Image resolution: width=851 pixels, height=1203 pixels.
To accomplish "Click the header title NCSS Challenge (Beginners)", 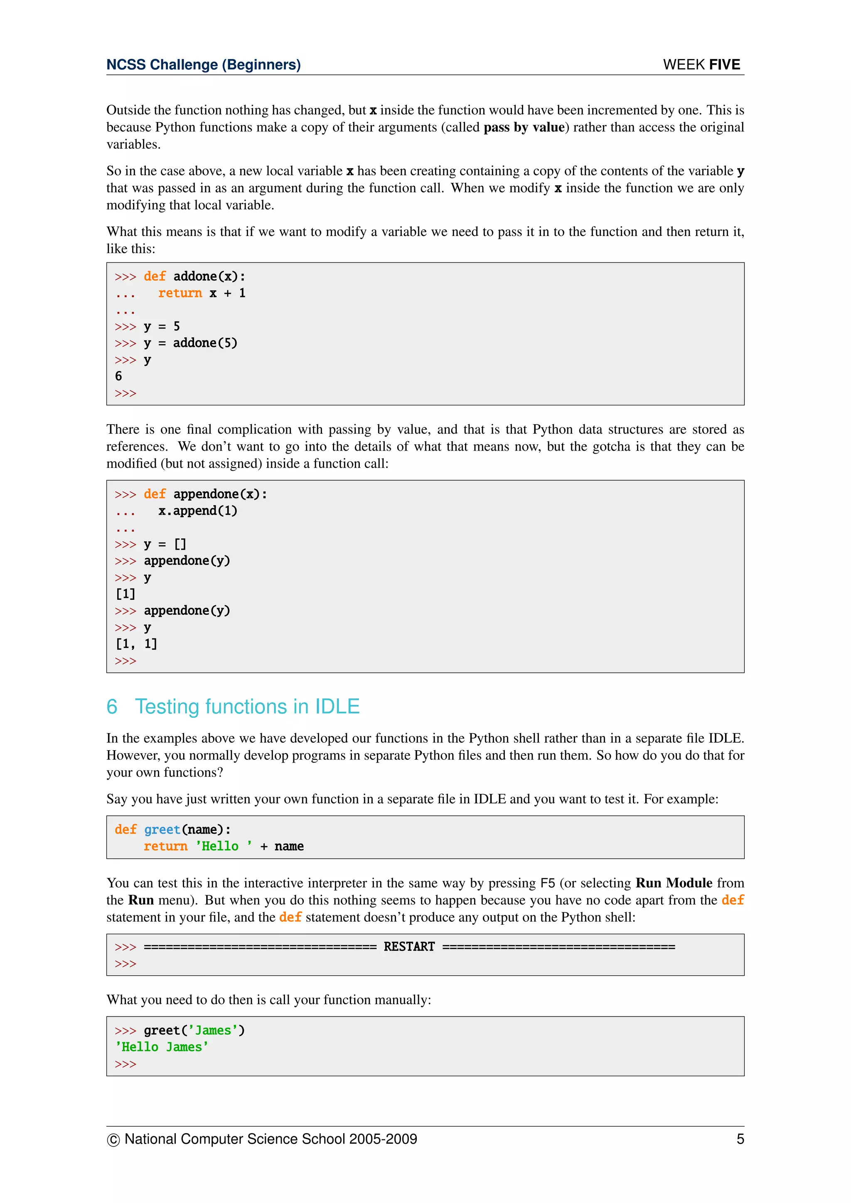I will pyautogui.click(x=203, y=64).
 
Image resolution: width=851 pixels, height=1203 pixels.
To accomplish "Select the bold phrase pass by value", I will pyautogui.click(x=524, y=128).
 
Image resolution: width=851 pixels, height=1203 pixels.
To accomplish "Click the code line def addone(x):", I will pyautogui.click(x=194, y=276).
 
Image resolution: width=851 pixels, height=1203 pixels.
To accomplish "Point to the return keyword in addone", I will pyautogui.click(x=180, y=293).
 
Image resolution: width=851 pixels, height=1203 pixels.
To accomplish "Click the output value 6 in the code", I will pyautogui.click(x=118, y=376).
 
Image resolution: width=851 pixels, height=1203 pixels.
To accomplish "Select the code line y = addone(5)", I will pyautogui.click(x=190, y=343).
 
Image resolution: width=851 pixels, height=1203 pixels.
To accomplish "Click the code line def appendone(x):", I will pyautogui.click(x=205, y=494).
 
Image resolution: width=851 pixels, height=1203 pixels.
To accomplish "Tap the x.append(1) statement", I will pyautogui.click(x=197, y=511).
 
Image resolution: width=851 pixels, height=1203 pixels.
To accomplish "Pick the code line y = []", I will pyautogui.click(x=165, y=545).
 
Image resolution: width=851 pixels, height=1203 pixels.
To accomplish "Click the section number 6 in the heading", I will pyautogui.click(x=112, y=707).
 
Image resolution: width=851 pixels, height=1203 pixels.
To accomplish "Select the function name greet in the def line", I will pyautogui.click(x=162, y=830).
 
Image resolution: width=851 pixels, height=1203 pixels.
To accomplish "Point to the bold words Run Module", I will pyautogui.click(x=673, y=884).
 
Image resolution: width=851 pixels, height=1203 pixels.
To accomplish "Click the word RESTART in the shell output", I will pyautogui.click(x=409, y=947).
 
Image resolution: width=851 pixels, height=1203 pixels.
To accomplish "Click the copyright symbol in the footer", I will pyautogui.click(x=113, y=1139).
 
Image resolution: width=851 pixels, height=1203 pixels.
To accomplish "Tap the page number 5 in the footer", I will pyautogui.click(x=740, y=1139).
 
